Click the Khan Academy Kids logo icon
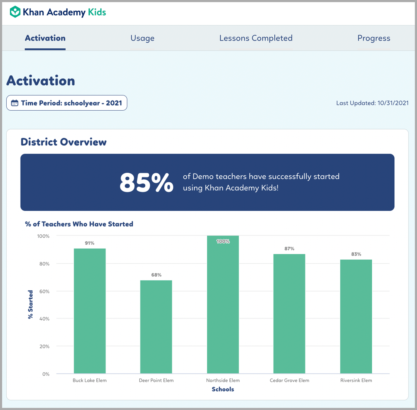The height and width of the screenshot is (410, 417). pos(15,12)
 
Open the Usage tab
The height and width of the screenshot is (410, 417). pos(142,38)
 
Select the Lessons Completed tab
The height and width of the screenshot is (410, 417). pos(256,38)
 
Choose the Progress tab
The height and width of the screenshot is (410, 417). pos(373,38)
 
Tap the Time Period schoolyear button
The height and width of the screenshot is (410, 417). pos(67,103)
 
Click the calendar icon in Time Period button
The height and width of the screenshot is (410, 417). pos(15,103)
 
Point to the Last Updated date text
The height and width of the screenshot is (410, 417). pos(372,103)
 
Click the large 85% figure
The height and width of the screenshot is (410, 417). pos(147,183)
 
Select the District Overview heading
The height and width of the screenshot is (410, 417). pos(63,142)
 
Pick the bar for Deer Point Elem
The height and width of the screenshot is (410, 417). pos(156,327)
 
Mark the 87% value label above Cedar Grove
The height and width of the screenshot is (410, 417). pos(289,249)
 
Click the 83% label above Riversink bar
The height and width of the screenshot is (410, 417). pos(356,254)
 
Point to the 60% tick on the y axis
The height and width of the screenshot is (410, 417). pos(44,291)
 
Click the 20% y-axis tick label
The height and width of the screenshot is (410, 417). pos(44,347)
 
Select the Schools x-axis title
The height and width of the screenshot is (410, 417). pos(223,389)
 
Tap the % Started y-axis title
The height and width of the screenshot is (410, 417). pos(31,304)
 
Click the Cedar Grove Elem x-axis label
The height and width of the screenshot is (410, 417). pos(289,380)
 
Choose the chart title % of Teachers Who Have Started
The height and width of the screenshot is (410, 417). pos(79,224)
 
